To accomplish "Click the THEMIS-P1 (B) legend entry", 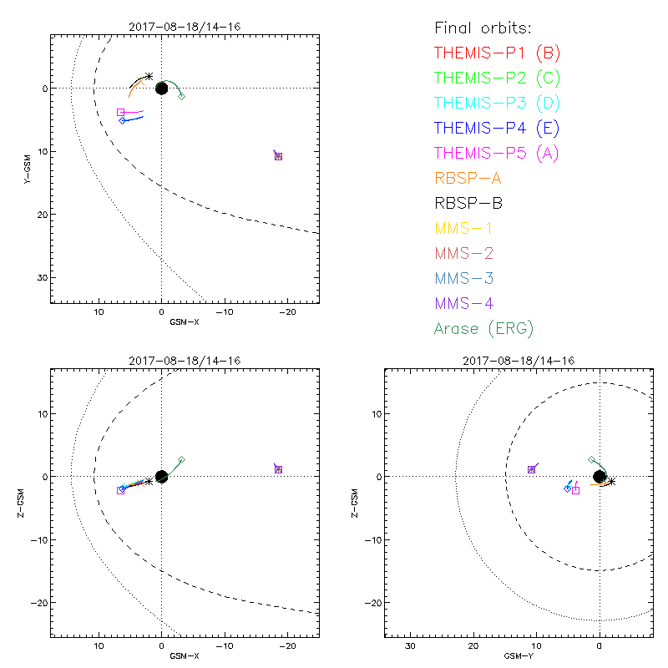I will pos(497,53).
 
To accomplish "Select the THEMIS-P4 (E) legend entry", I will pos(497,128).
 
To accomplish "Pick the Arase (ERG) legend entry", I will pos(483,328).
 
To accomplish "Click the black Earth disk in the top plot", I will pos(162,88).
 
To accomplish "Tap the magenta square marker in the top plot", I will pos(121,112).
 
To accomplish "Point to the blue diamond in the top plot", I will pos(123,121).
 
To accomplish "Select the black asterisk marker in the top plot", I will pos(149,76).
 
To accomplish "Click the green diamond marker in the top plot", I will pos(181,97).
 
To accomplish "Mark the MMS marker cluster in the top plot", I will pos(278,156).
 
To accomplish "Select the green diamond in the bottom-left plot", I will pos(181,460).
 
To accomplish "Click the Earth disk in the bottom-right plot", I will pos(600,477).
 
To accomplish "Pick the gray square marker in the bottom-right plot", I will pos(575,490).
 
